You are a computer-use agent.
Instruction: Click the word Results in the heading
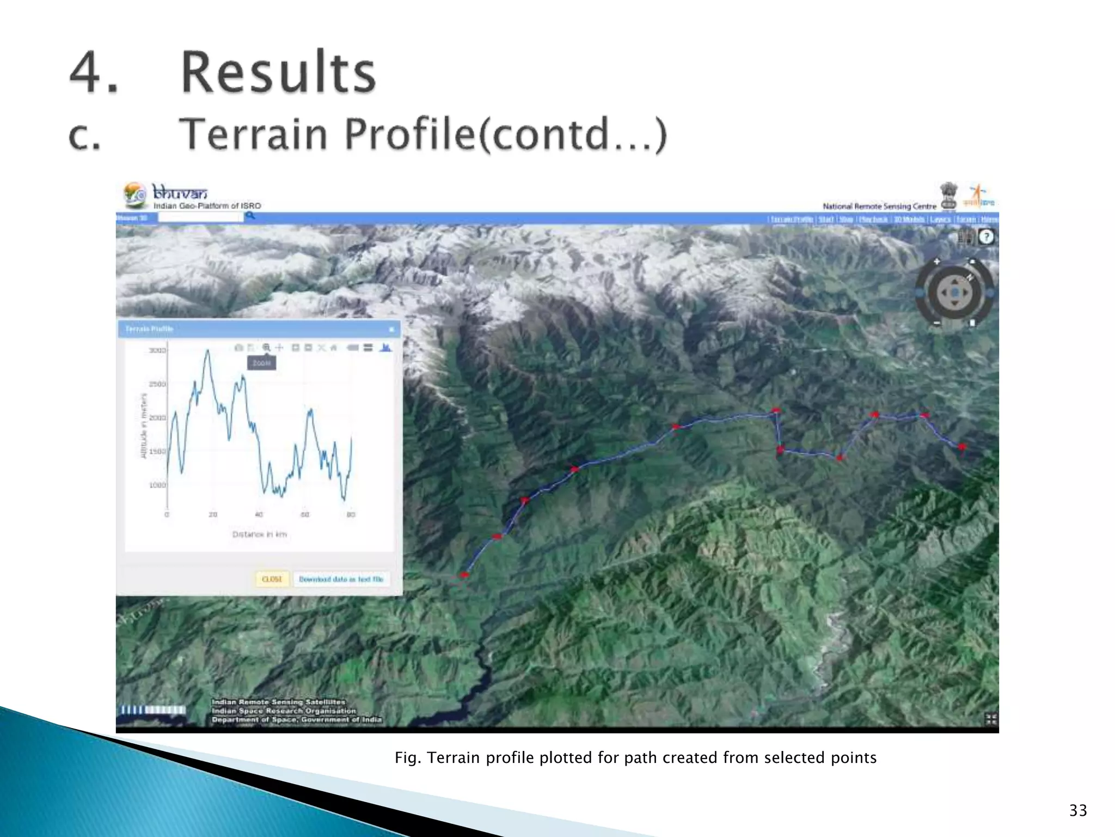(278, 72)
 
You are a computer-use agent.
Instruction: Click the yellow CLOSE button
(272, 579)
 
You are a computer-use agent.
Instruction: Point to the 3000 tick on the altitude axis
(157, 350)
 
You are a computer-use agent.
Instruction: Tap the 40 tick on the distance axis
(259, 514)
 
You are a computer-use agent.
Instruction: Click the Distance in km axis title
(259, 535)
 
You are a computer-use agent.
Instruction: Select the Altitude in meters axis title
(144, 426)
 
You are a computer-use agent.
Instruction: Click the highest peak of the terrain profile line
(207, 351)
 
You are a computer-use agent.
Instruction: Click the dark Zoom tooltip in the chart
(261, 363)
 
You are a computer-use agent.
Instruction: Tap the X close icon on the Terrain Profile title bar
(391, 329)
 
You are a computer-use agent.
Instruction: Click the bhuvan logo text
(180, 193)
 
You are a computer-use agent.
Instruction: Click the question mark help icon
(986, 237)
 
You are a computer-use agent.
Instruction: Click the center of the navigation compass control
(954, 293)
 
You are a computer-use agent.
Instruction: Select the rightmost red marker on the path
(961, 447)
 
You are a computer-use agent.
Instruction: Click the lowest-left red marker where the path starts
(464, 575)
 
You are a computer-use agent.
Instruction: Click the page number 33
(1078, 810)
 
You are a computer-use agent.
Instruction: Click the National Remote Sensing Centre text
(879, 207)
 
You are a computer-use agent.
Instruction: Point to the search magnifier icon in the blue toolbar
(250, 216)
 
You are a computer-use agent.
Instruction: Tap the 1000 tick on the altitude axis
(157, 485)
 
